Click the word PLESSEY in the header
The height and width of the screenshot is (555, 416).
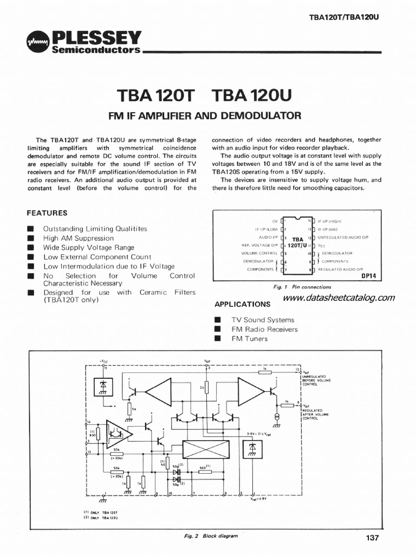tap(96, 37)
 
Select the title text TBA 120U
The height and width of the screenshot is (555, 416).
tap(252, 96)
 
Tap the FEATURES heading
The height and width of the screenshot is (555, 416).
tap(47, 213)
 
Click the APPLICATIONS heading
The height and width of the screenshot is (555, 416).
tap(242, 304)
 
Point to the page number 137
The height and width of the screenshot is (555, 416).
tap(372, 538)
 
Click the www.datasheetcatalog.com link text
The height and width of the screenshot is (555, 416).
tap(339, 298)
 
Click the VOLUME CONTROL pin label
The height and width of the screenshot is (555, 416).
tap(259, 253)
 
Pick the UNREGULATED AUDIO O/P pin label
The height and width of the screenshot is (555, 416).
tap(342, 237)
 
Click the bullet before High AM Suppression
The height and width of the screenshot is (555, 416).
tap(31, 238)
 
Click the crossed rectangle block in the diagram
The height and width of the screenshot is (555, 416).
tap(206, 449)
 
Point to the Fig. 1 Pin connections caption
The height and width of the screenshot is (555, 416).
tap(295, 287)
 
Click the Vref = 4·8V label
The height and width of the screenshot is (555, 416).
tap(257, 500)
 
